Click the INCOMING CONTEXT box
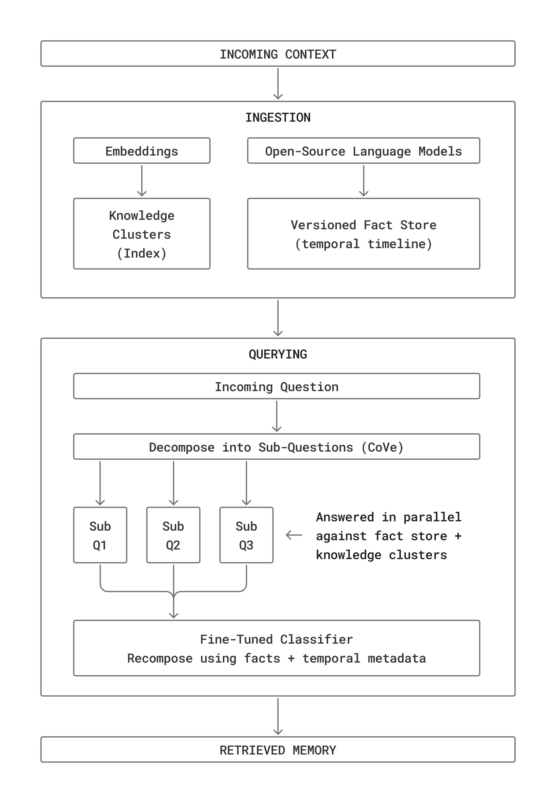tap(278, 54)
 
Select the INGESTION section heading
tap(278, 118)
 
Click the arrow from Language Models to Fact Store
tap(363, 180)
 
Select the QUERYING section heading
tap(278, 354)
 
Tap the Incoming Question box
tap(276, 386)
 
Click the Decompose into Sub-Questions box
tap(276, 447)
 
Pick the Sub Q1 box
tap(100, 535)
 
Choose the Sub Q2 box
tap(173, 535)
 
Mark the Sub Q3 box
tap(246, 535)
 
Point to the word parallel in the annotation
tap(432, 517)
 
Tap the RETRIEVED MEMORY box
tap(278, 750)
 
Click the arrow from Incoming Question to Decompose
tap(276, 416)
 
